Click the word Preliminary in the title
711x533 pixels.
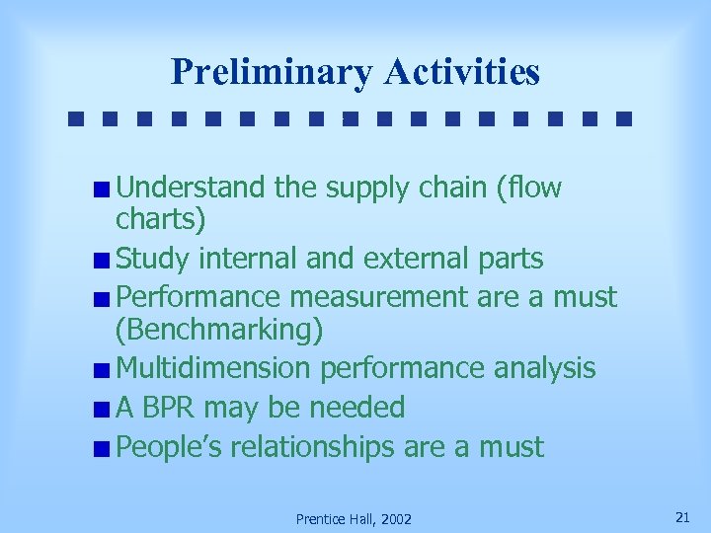pos(272,72)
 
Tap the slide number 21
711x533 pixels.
pos(681,517)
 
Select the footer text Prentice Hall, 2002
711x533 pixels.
pos(354,519)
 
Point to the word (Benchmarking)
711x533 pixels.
pos(219,331)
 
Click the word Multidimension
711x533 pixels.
pos(213,368)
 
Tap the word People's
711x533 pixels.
pos(169,447)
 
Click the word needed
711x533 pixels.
pos(356,407)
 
